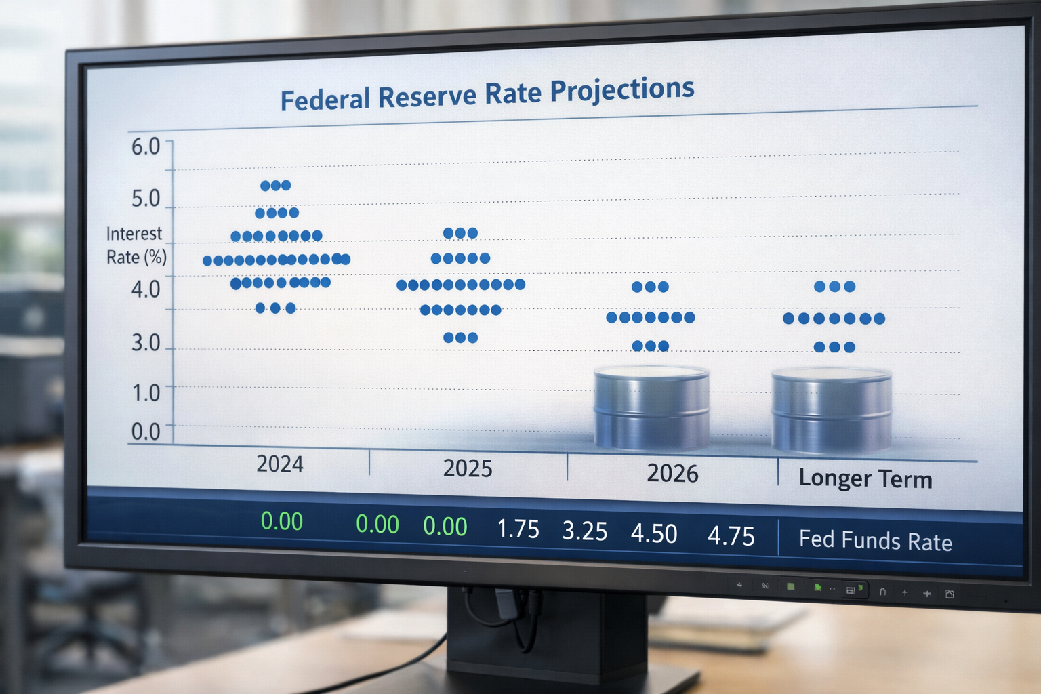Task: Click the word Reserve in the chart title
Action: point(427,96)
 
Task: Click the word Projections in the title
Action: point(621,90)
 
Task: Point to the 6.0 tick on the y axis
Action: point(146,146)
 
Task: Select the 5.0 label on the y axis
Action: point(146,199)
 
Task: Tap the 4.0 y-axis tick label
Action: point(146,289)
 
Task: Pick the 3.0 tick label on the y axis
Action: point(146,343)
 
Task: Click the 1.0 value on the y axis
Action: point(146,392)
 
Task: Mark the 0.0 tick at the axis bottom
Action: point(146,432)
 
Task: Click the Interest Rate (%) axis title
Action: point(136,245)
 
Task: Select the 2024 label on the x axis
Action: point(279,464)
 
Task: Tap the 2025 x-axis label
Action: point(468,469)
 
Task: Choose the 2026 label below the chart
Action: point(672,474)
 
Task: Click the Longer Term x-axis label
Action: point(865,479)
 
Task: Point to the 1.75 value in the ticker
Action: point(518,529)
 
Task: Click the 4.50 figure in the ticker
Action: point(654,534)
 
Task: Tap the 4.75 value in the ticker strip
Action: point(731,536)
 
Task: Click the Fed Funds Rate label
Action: point(876,541)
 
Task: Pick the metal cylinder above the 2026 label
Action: point(651,409)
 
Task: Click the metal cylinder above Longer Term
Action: point(832,411)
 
